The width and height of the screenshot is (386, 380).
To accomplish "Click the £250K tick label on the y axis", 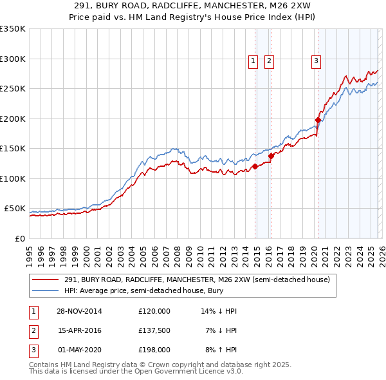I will pos(12,89).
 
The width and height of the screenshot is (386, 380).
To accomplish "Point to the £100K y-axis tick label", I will pos(12,178).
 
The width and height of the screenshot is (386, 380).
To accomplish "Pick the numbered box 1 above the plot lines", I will pos(253,61).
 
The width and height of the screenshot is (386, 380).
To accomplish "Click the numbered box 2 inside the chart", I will pos(268,61).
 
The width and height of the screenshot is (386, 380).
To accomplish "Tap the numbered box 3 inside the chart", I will pos(317,61).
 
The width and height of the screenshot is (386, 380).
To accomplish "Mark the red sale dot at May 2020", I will pos(318,120).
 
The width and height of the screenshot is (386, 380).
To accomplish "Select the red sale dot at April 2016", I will pos(271,156).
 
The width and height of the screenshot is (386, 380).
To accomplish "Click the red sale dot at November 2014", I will pos(255,166).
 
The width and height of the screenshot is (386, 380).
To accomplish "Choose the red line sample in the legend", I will pos(46,280).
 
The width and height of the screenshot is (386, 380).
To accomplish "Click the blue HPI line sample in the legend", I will pos(46,290).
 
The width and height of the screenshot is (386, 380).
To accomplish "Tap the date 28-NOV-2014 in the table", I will pos(80,311).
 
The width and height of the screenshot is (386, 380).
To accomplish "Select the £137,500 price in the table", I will pos(154,330).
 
